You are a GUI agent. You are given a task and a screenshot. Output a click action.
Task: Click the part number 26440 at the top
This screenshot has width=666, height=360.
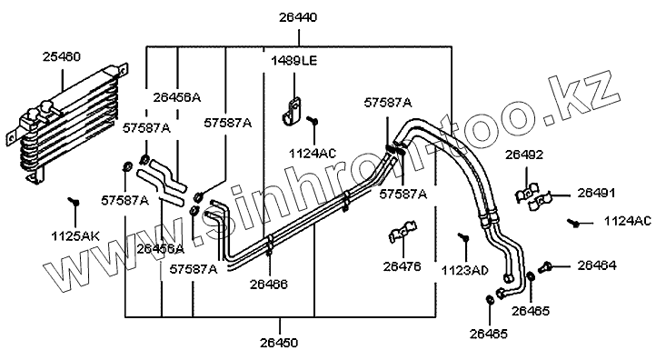coord(298,18)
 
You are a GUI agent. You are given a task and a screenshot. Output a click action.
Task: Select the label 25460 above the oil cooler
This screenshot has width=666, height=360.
coord(62,56)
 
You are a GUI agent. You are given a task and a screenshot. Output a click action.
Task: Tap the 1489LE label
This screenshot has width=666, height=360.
coord(294,61)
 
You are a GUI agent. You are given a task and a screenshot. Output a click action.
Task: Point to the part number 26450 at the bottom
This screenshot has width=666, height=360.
coord(279,343)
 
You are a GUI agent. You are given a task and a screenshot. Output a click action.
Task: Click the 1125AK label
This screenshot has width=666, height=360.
coord(75,236)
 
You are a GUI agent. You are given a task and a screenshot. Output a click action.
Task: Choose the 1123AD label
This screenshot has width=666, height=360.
coord(465,270)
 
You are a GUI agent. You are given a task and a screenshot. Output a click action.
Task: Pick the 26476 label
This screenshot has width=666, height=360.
coord(402,266)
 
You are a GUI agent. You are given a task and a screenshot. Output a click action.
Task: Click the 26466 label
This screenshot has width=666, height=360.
coord(268,284)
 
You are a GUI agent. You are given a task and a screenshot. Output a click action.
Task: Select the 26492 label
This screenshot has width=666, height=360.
coord(524,155)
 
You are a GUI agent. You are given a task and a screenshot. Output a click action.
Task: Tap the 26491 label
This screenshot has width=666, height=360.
coord(596,194)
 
